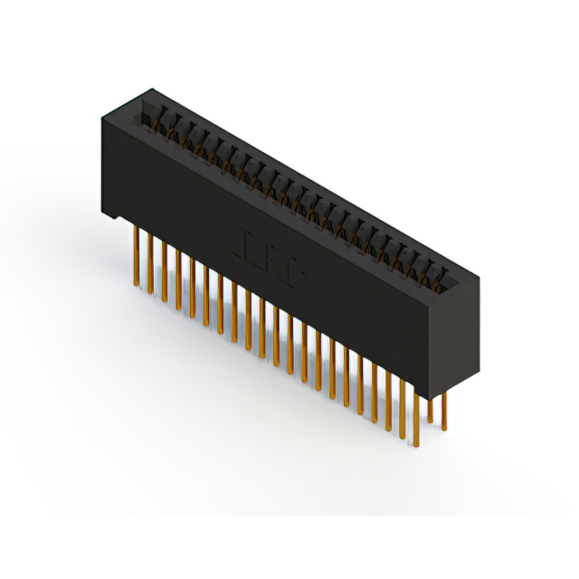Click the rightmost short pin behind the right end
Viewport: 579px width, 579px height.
443,408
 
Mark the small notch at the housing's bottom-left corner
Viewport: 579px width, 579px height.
110,217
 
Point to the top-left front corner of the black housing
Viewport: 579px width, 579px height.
101,119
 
